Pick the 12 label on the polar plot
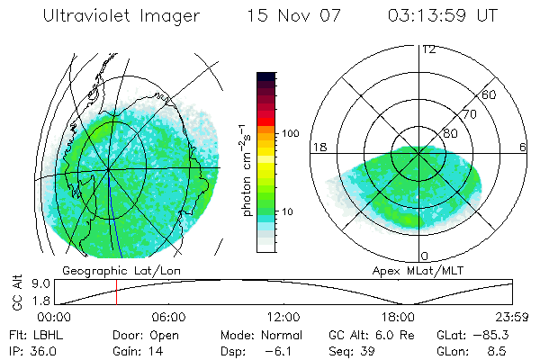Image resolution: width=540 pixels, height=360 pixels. [428, 49]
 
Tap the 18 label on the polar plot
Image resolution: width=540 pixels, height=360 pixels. [319, 147]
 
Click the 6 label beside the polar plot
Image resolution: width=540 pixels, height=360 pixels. [523, 147]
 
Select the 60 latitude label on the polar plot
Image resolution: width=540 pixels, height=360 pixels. [490, 94]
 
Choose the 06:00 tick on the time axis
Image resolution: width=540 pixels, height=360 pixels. [168, 318]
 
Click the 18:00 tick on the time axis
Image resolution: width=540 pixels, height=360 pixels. [398, 318]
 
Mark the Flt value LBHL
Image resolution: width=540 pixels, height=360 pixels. [45, 334]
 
